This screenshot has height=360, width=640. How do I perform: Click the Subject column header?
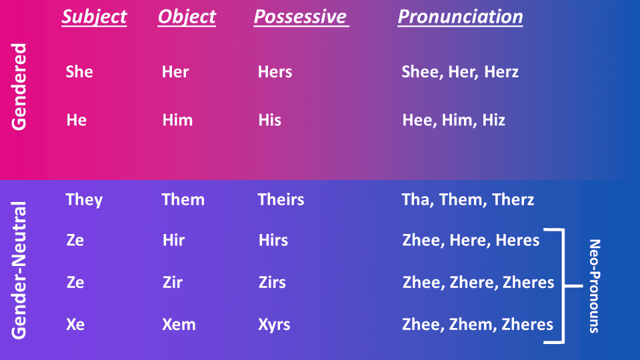tap(94, 17)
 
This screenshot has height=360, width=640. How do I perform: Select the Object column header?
tap(187, 17)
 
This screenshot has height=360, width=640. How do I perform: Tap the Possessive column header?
tap(301, 17)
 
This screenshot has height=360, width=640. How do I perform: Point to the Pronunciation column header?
tap(461, 17)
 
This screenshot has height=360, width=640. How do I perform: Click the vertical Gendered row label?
tap(19, 87)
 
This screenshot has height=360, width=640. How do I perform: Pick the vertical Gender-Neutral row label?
tap(19, 270)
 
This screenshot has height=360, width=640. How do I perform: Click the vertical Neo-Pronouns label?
tap(595, 286)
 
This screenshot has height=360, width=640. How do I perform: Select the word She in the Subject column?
tap(79, 72)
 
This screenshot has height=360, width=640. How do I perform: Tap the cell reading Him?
tap(177, 120)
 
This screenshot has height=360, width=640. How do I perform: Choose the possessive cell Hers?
tap(275, 72)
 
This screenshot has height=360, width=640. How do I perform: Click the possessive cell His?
tap(270, 120)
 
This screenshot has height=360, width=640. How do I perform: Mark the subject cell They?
tap(84, 200)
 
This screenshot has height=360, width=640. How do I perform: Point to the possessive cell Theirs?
tap(281, 199)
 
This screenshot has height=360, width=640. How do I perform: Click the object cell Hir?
tap(173, 240)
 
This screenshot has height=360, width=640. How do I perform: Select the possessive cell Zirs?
tap(272, 282)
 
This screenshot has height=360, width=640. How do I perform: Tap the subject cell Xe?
tap(75, 324)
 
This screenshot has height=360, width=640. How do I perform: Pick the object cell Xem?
tap(179, 324)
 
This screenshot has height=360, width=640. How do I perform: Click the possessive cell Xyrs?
tap(274, 325)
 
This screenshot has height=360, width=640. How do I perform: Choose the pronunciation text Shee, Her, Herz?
tap(460, 72)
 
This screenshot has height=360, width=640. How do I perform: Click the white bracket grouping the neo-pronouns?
tap(564, 286)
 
